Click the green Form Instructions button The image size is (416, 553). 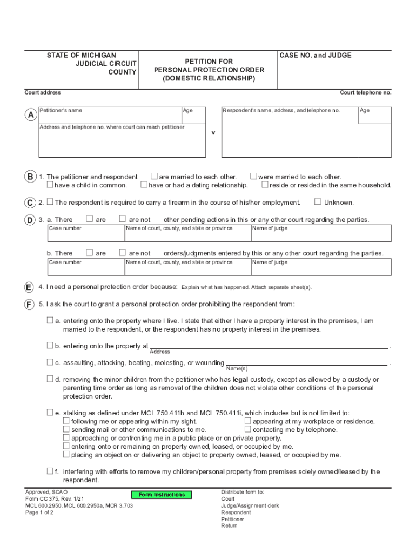(162, 495)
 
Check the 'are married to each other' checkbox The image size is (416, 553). (154, 176)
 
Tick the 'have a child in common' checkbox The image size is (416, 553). (50, 185)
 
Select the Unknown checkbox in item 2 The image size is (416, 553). (318, 202)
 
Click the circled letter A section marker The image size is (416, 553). (30, 116)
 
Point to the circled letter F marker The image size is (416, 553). (30, 304)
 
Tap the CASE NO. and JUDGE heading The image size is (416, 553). (316, 56)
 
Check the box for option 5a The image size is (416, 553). (50, 320)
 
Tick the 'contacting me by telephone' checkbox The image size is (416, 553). (248, 429)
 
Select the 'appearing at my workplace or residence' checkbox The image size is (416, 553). (248, 421)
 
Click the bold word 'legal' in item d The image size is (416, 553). (240, 380)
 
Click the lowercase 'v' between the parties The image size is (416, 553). (213, 132)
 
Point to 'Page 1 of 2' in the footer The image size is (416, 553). (39, 512)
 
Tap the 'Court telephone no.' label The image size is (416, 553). (365, 92)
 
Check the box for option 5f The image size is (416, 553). (50, 471)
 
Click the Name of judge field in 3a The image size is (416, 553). (320, 235)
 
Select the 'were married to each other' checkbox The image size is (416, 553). (253, 176)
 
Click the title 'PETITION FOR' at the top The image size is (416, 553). (209, 62)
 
